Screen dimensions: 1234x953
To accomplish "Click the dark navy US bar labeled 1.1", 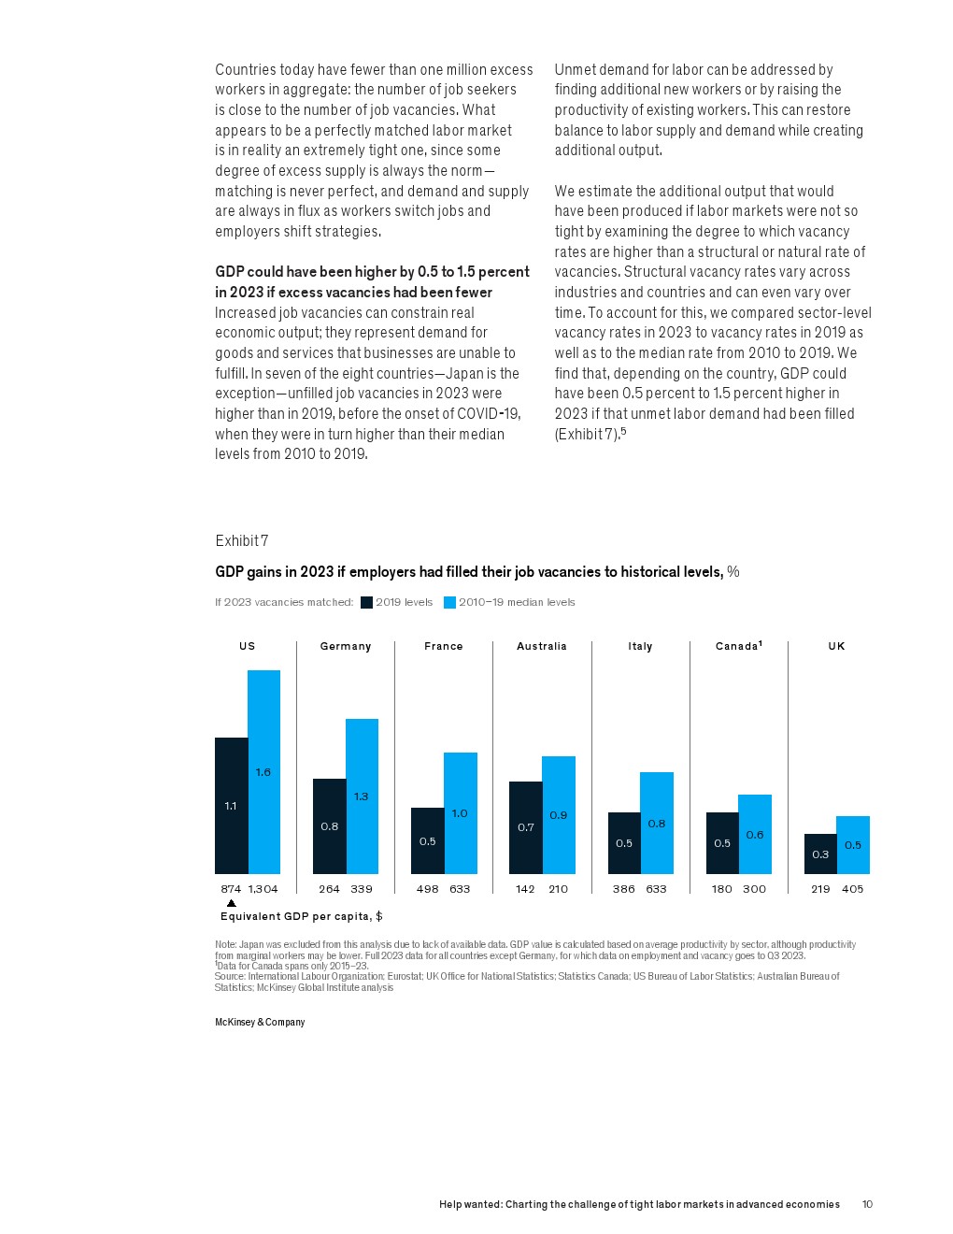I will (231, 806).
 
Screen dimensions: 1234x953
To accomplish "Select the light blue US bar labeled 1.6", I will (263, 772).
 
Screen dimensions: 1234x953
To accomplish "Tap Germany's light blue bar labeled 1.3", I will (362, 796).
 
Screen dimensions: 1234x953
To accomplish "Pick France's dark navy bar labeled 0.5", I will (427, 841).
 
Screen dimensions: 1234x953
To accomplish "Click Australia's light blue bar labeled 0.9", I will (558, 815).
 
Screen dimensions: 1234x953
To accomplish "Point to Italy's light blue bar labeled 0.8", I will (657, 824).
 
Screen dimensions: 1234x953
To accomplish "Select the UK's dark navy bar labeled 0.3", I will (820, 854).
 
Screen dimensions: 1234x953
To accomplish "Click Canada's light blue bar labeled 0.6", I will (755, 835).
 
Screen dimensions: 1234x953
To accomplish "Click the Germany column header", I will (346, 646).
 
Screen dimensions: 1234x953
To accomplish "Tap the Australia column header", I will (542, 646).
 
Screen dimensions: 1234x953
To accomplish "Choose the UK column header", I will (836, 646).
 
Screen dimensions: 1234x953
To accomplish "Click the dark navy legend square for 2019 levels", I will (366, 603).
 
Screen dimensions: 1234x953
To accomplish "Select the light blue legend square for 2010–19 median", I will (449, 603).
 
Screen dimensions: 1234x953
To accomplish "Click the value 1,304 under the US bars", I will (263, 889).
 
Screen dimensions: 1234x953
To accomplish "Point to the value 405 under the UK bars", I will (853, 889).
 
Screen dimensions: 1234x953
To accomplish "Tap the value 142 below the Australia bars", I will (526, 889).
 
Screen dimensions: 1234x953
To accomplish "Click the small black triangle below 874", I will (232, 903).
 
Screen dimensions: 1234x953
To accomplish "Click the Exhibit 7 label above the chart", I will (242, 541).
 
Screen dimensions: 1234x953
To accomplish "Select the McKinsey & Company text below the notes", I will (260, 1023).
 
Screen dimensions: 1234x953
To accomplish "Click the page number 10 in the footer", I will (867, 1204).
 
